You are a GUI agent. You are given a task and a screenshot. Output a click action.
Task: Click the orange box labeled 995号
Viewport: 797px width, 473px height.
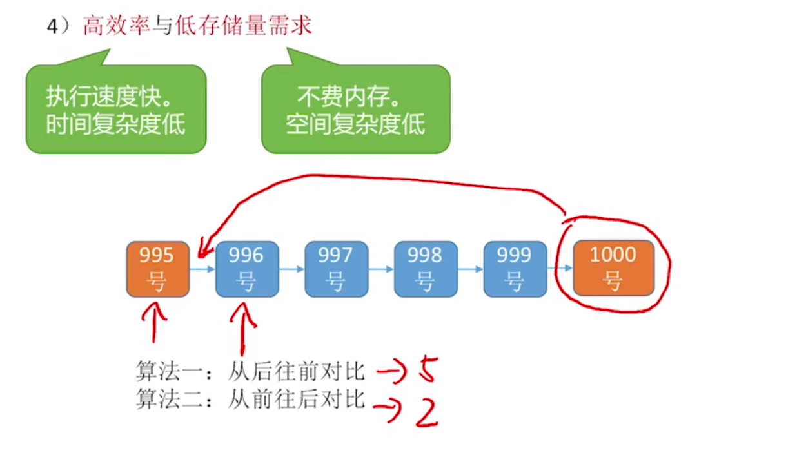pos(158,269)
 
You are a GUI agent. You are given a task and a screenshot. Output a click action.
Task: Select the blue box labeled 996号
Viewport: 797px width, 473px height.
pos(247,269)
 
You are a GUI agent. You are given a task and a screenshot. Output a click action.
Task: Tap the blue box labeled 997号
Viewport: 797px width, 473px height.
pos(336,269)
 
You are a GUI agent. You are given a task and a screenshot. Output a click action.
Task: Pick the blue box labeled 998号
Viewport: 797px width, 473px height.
pos(426,269)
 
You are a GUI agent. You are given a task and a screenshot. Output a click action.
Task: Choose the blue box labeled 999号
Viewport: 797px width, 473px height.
pos(515,269)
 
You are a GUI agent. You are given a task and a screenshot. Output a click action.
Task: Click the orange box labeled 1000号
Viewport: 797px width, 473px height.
pos(613,268)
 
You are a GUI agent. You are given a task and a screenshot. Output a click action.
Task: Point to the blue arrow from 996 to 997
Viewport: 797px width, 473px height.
pos(291,269)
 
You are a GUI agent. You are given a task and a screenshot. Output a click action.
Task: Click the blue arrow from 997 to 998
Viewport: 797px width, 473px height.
pos(381,269)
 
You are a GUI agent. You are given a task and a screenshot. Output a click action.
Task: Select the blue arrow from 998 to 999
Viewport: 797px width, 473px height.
pos(471,269)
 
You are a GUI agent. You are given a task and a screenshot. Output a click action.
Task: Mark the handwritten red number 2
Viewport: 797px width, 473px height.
pos(427,412)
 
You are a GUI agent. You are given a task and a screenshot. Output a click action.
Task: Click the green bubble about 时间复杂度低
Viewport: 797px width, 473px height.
pos(116,110)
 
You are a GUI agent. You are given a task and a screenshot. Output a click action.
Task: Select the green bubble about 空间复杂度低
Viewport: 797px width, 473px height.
pos(355,110)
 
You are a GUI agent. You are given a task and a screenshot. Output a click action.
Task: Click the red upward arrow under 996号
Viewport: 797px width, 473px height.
pos(243,329)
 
